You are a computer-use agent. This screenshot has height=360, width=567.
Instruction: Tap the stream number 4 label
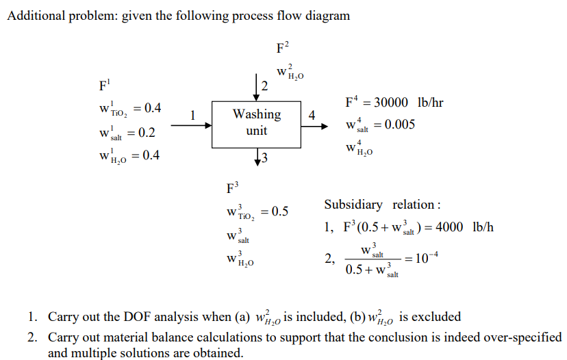(x=312, y=115)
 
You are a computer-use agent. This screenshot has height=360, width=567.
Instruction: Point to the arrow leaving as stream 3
(x=256, y=157)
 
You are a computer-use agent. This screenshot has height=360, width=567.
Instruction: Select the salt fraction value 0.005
(x=400, y=125)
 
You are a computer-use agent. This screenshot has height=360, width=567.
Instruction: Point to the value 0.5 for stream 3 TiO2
(x=279, y=211)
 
